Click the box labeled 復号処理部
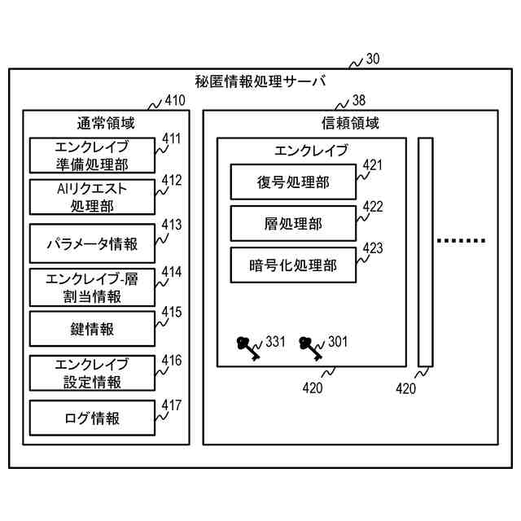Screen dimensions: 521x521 pyautogui.click(x=293, y=182)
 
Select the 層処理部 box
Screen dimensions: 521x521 pyautogui.click(x=293, y=223)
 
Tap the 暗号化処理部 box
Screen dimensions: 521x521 pyautogui.click(x=293, y=265)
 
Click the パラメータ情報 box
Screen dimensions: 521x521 pyautogui.click(x=92, y=243)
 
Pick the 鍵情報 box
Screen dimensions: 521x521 pyautogui.click(x=92, y=329)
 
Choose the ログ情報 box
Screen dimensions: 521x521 pyautogui.click(x=92, y=418)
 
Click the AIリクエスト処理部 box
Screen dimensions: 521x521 pyautogui.click(x=92, y=197)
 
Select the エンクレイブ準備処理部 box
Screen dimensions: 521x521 pyautogui.click(x=92, y=155)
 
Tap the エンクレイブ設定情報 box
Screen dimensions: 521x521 pyautogui.click(x=92, y=373)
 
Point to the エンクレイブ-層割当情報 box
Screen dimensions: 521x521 pyautogui.click(x=92, y=287)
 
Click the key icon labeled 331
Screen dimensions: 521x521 pyautogui.click(x=248, y=348)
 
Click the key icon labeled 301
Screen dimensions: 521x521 pyautogui.click(x=310, y=348)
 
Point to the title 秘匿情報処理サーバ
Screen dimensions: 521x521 pyautogui.click(x=260, y=81)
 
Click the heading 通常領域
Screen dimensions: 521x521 pyautogui.click(x=106, y=123)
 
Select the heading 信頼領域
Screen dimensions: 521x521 pyautogui.click(x=350, y=123)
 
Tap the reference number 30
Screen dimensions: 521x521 pyautogui.click(x=373, y=59)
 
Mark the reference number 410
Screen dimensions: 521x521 pyautogui.click(x=175, y=100)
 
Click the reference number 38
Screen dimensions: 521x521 pyautogui.click(x=359, y=100)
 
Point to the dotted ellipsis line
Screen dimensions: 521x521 pyautogui.click(x=462, y=241)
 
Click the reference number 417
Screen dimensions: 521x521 pyautogui.click(x=172, y=405)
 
